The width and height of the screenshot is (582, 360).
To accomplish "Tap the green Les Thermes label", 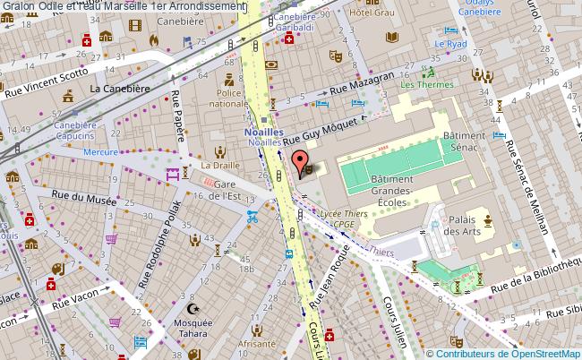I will (424, 85).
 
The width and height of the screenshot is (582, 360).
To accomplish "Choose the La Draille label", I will (218, 166).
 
